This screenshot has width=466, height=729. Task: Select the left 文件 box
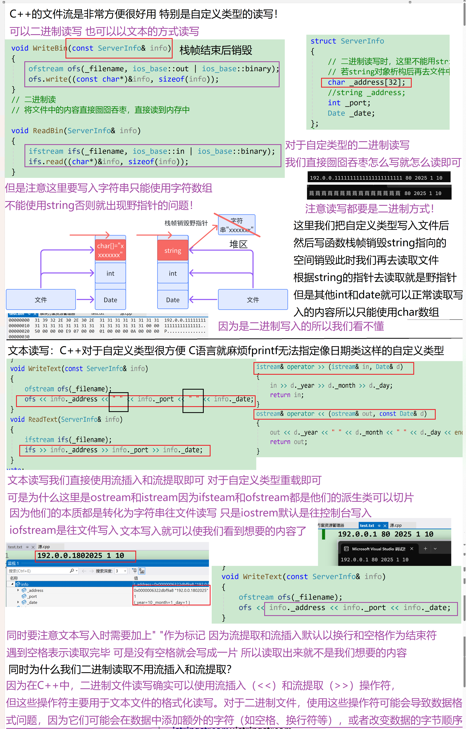click(41, 300)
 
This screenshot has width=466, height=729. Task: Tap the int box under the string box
click(173, 273)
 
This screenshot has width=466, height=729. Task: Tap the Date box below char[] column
click(110, 300)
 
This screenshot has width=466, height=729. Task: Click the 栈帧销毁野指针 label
click(186, 223)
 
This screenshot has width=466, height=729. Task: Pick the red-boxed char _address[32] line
click(366, 82)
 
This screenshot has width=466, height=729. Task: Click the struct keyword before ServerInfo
click(323, 41)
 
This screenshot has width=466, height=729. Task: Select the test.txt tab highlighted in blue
click(367, 526)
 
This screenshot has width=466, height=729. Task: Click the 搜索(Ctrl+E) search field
click(39, 571)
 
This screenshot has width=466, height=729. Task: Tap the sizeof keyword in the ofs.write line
click(171, 79)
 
